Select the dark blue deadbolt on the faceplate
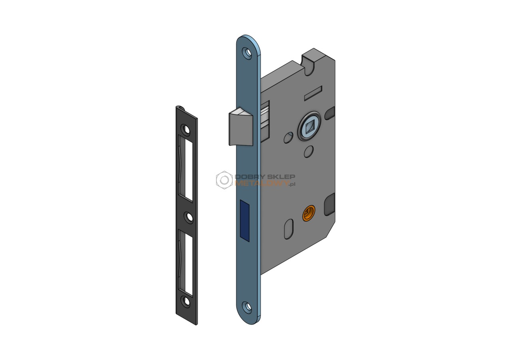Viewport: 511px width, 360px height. coord(245,221)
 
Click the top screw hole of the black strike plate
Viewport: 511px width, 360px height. coord(186,129)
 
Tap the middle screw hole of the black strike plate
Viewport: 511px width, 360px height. coord(189,218)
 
